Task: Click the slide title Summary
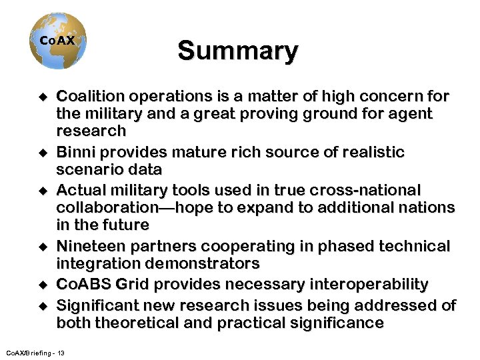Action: tap(237, 51)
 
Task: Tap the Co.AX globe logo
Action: tap(58, 41)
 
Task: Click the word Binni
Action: tap(75, 153)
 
